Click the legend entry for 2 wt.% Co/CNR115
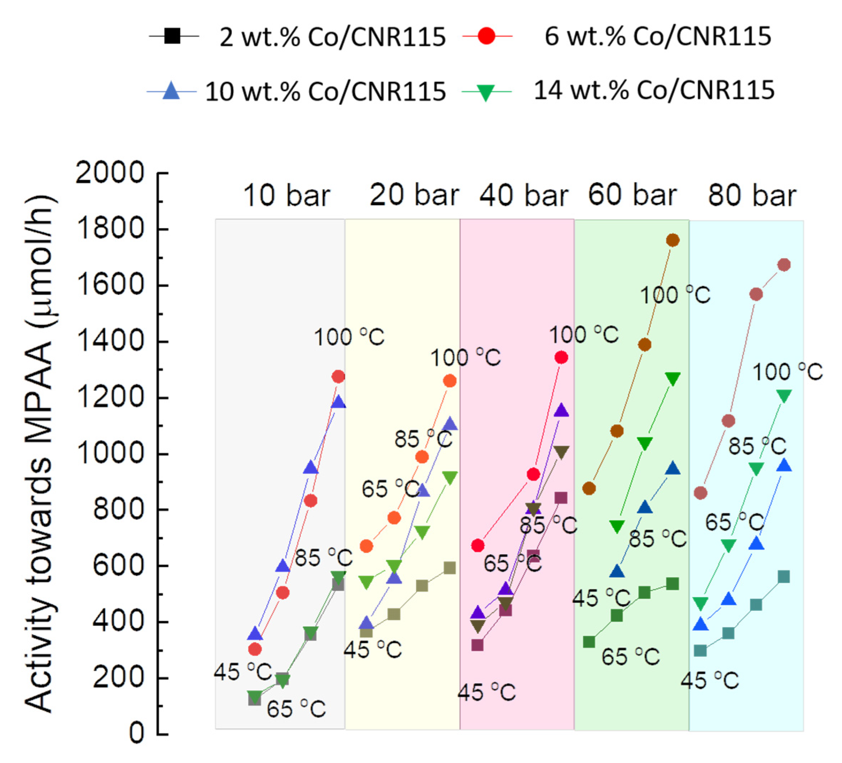332,37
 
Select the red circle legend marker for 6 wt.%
487,36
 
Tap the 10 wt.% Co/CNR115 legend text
325,91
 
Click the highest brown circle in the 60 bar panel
673,240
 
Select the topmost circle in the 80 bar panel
784,265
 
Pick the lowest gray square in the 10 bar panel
254,700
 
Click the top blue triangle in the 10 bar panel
338,402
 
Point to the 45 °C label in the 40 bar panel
487,692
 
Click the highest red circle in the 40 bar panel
561,357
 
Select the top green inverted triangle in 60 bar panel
673,378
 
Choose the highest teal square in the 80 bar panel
784,577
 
